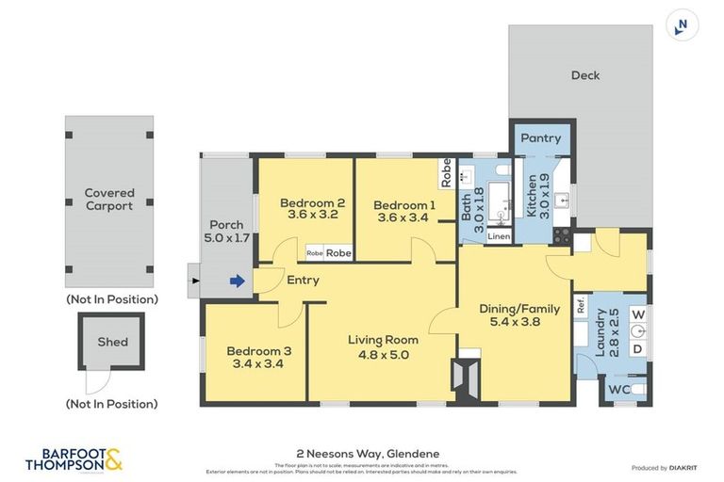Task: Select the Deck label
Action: tap(584, 75)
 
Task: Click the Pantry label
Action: tap(541, 137)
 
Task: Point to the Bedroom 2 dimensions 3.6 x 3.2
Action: tap(311, 215)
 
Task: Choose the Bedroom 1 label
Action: tap(403, 205)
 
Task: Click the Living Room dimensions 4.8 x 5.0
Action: tap(383, 354)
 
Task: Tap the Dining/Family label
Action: tap(519, 308)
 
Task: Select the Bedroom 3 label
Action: tap(258, 350)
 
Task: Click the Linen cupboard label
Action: tap(500, 236)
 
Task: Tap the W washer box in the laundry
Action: tap(637, 313)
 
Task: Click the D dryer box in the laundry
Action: tap(637, 349)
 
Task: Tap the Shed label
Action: tap(112, 342)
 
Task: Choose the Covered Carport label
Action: tap(109, 199)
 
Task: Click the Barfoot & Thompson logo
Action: tap(74, 458)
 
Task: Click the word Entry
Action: tap(303, 280)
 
